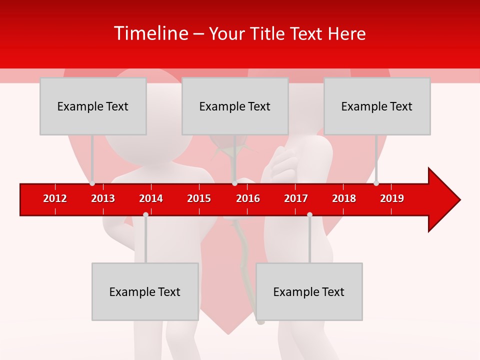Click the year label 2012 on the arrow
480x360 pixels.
pyautogui.click(x=55, y=198)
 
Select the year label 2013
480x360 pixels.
pyautogui.click(x=103, y=198)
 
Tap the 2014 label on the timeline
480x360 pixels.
pyautogui.click(x=151, y=198)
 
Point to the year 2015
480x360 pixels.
pyautogui.click(x=199, y=198)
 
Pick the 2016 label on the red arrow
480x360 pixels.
pyautogui.click(x=248, y=198)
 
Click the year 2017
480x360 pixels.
pyautogui.click(x=296, y=198)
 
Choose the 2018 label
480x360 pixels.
pyautogui.click(x=344, y=198)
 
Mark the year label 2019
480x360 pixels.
pyautogui.click(x=392, y=198)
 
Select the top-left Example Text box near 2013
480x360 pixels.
pyautogui.click(x=93, y=106)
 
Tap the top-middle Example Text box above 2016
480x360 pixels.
pyautogui.click(x=235, y=106)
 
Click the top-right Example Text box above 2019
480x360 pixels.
pyautogui.click(x=377, y=106)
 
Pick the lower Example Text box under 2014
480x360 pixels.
pyautogui.click(x=145, y=292)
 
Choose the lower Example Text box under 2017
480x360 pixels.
pyautogui.click(x=309, y=292)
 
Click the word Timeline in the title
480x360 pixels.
pyautogui.click(x=150, y=33)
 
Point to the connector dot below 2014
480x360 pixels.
pyautogui.click(x=145, y=214)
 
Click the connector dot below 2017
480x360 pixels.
pyautogui.click(x=309, y=214)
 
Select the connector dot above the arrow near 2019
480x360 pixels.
pyautogui.click(x=376, y=183)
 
